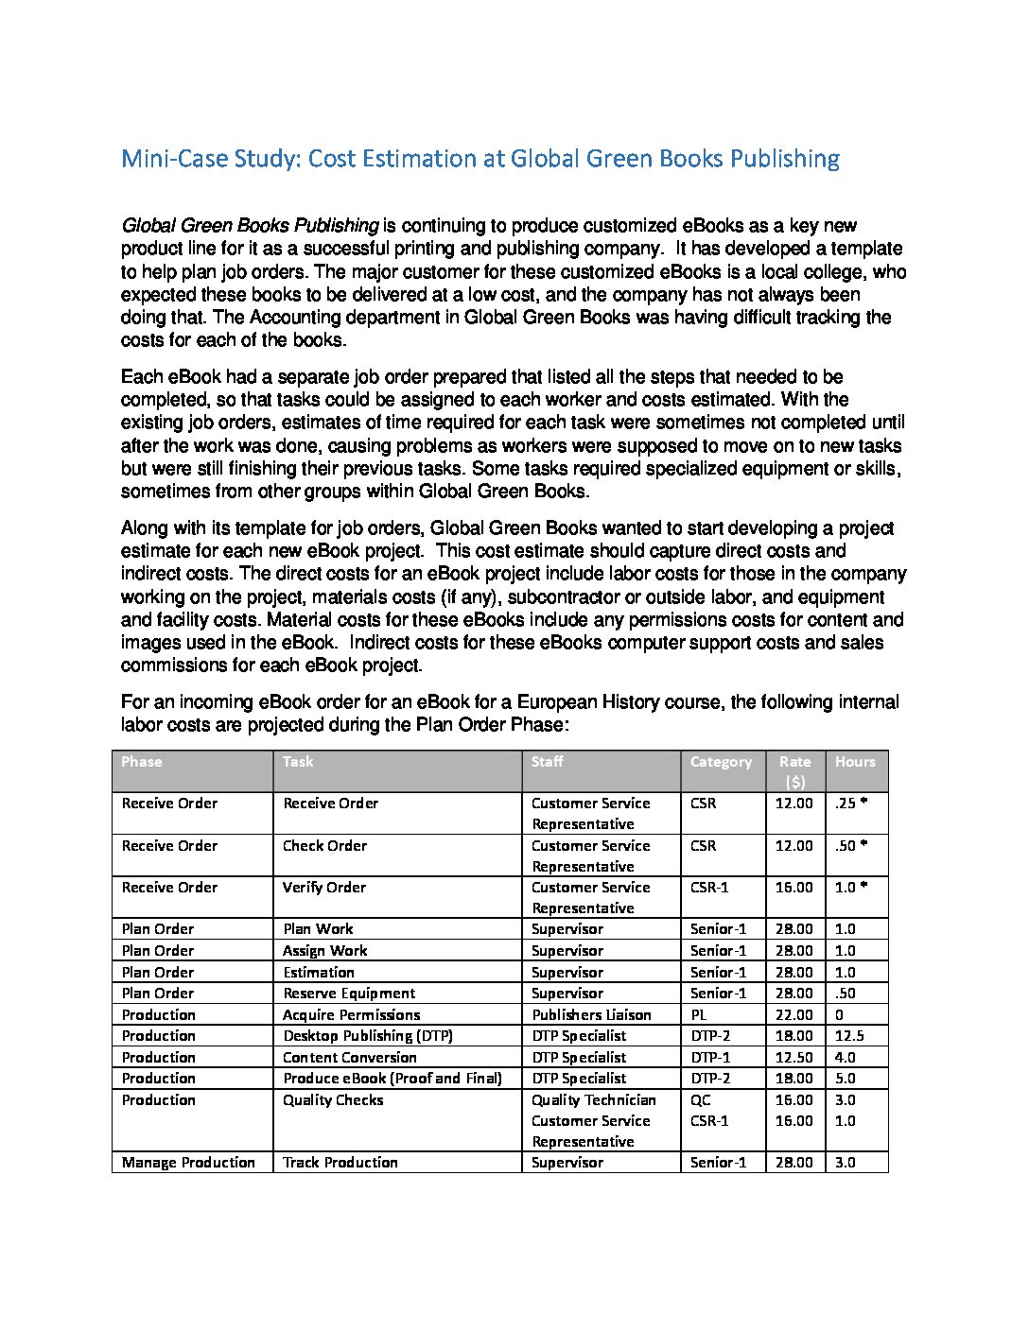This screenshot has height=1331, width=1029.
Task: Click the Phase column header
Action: (x=142, y=762)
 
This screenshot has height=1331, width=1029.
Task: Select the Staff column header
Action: (x=547, y=762)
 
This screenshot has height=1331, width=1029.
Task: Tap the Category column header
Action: (x=721, y=762)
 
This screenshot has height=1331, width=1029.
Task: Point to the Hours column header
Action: (x=855, y=762)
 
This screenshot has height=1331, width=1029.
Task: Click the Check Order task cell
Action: (x=324, y=846)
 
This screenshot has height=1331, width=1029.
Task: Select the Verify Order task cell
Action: (x=323, y=888)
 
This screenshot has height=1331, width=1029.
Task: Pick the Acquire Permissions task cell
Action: (x=351, y=1015)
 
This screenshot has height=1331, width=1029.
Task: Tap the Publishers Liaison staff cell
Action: (x=591, y=1015)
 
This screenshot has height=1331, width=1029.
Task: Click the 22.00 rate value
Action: (x=794, y=1015)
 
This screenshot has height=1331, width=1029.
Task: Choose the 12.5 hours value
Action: (x=849, y=1036)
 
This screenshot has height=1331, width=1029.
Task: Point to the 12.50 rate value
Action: (x=794, y=1058)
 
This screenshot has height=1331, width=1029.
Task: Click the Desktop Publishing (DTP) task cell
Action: (x=368, y=1036)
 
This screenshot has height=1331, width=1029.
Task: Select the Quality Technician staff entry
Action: (x=593, y=1100)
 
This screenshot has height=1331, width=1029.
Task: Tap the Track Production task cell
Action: (x=340, y=1163)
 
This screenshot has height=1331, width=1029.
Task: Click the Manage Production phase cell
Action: (x=188, y=1163)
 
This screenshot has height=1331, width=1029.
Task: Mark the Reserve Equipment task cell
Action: (x=349, y=994)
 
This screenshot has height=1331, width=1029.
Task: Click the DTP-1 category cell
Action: (x=710, y=1058)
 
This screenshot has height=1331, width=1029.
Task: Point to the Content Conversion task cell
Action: (x=350, y=1058)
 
